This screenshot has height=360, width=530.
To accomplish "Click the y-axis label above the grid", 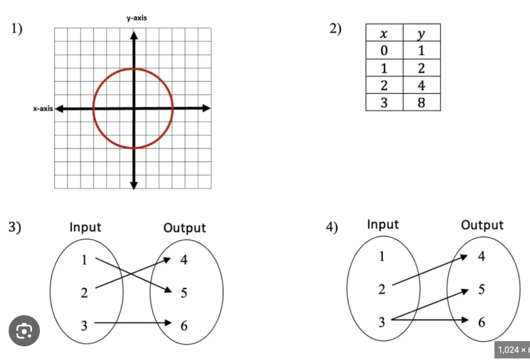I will tap(136, 18).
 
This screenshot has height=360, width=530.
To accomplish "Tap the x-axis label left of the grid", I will tap(42, 109).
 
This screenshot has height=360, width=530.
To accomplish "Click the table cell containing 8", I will tap(421, 103).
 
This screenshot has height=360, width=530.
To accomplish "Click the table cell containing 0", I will tap(384, 51).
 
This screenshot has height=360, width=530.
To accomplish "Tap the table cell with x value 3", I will tap(384, 103).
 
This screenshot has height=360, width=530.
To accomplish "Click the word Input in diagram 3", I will tap(85, 227).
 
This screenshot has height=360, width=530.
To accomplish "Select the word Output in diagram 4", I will tap(482, 225).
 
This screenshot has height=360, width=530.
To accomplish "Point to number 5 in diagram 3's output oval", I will tap(184, 293).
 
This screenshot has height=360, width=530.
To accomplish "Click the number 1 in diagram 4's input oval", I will tap(382, 256).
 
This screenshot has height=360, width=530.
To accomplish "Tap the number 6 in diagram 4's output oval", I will tap(481, 322).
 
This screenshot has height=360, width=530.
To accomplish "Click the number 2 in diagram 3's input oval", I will tap(84, 293).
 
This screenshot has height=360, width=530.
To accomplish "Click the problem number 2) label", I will tap(336, 29).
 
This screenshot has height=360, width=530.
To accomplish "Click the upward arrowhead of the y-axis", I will tap(134, 35).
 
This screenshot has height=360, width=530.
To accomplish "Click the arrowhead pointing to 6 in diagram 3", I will tap(168, 323).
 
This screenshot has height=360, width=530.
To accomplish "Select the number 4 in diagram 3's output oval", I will tap(184, 260).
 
